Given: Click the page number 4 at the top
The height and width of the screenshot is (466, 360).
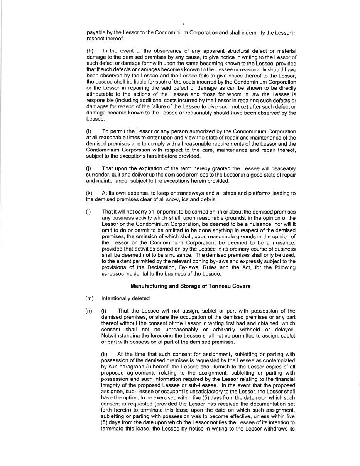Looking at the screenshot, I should (x=183, y=24).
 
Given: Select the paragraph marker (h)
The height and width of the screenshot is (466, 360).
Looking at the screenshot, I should (x=90, y=51).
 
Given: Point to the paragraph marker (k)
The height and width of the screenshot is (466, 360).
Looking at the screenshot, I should (x=89, y=193).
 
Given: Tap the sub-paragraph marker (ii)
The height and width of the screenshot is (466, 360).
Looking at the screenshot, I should (x=104, y=355).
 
